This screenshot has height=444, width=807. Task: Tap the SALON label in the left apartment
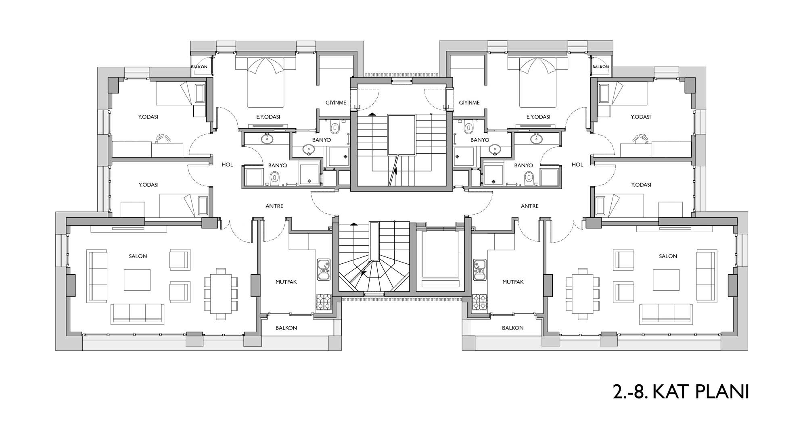pyautogui.click(x=138, y=256)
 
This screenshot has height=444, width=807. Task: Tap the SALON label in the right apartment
pyautogui.click(x=668, y=256)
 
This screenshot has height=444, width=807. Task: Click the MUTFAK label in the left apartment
pyautogui.click(x=286, y=282)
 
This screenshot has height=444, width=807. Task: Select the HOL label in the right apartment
pyautogui.click(x=577, y=165)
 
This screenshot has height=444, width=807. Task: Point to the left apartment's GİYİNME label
pyautogui.click(x=336, y=102)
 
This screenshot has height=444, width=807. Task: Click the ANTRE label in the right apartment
pyautogui.click(x=530, y=206)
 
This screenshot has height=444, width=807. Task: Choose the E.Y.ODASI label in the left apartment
pyautogui.click(x=268, y=117)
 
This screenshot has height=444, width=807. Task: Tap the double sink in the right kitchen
pyautogui.click(x=479, y=269)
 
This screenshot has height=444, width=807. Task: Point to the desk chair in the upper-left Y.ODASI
pyautogui.click(x=162, y=139)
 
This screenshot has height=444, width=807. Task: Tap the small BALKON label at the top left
pyautogui.click(x=199, y=67)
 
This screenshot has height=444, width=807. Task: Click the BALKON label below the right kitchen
pyautogui.click(x=513, y=328)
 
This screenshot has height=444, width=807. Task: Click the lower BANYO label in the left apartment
pyautogui.click(x=278, y=165)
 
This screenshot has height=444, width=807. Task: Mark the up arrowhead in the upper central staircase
pyautogui.click(x=372, y=114)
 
